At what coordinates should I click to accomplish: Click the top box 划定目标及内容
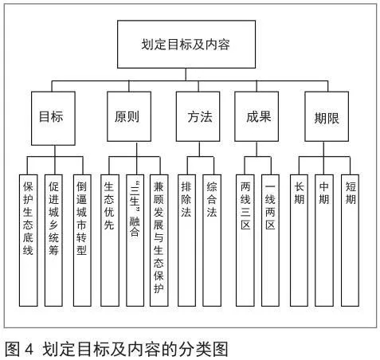[186, 44]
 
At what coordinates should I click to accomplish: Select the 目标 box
[53, 119]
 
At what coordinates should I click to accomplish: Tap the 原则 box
[129, 116]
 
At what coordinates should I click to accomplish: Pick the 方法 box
[198, 116]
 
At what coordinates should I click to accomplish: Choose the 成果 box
[257, 116]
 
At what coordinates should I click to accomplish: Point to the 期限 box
[327, 116]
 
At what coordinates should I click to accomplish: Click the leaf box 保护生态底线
[28, 241]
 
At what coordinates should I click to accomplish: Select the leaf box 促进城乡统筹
[53, 241]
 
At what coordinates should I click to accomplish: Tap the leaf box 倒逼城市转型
[82, 241]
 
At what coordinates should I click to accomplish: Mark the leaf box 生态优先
[110, 241]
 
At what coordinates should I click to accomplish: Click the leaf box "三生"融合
[135, 241]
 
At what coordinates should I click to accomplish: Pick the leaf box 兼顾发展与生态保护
[159, 241]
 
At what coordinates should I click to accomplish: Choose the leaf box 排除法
[187, 241]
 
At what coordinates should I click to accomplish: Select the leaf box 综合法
[212, 241]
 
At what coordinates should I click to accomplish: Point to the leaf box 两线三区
[245, 241]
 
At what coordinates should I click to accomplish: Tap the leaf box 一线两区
[270, 241]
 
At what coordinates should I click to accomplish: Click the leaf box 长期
[299, 241]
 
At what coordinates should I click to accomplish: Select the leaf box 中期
[324, 241]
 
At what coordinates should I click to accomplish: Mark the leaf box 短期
[350, 241]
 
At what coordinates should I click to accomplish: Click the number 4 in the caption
[29, 349]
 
